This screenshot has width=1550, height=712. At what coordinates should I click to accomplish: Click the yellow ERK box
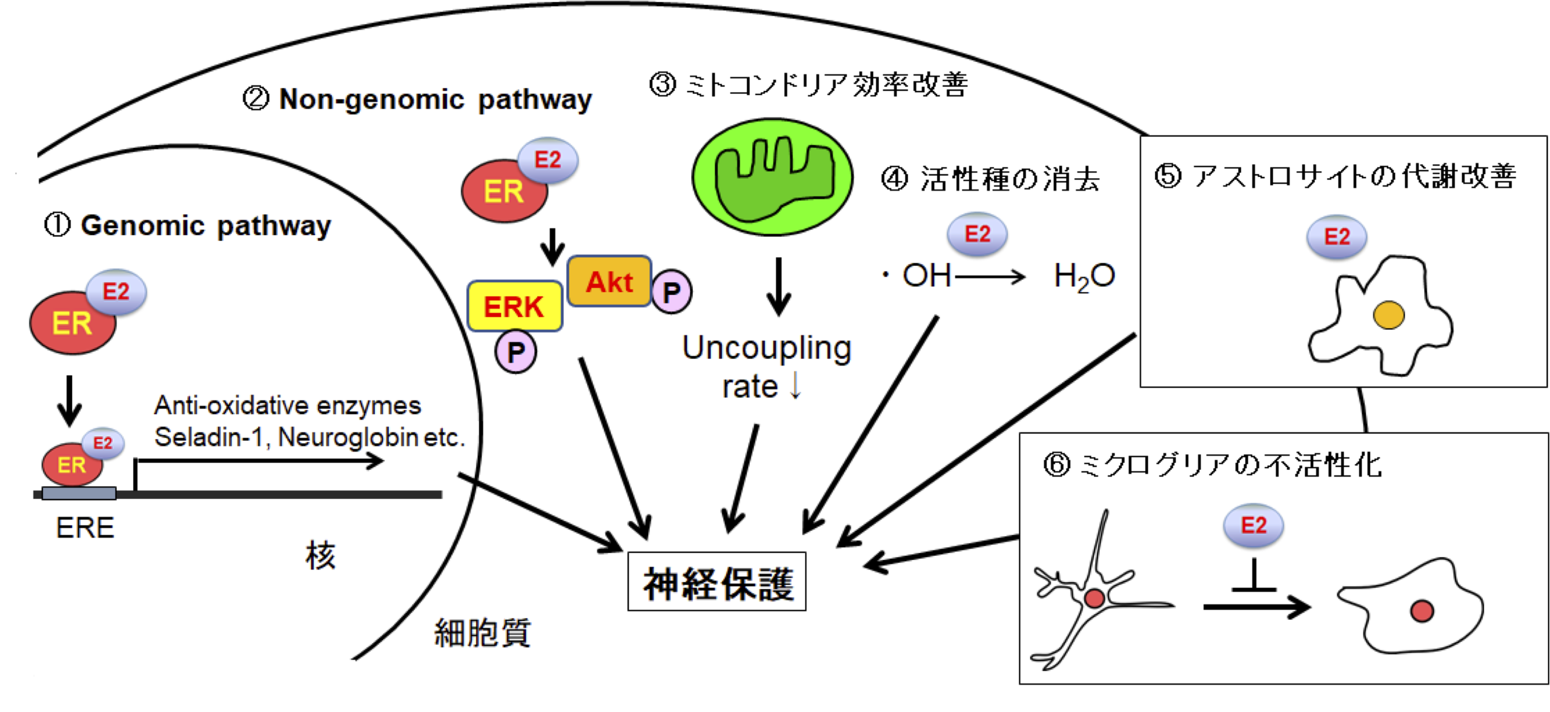click(514, 306)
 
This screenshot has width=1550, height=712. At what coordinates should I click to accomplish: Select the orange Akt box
click(609, 282)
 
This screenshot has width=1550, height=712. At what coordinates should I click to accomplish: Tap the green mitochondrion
click(772, 176)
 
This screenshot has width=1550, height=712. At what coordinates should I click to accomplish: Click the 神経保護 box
click(717, 582)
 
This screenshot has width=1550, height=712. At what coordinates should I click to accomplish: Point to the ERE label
click(85, 528)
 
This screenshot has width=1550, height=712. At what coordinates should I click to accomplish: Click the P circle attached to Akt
click(671, 292)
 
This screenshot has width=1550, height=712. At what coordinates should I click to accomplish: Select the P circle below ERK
click(515, 352)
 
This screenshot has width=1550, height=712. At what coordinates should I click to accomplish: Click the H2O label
click(1084, 277)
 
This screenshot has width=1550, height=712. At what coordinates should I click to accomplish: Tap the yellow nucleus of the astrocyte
click(1388, 315)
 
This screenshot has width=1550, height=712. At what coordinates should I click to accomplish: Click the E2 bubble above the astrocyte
click(1336, 237)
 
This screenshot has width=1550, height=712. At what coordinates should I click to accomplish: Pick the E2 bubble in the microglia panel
click(1253, 525)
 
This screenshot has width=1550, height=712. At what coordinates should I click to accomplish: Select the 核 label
click(320, 555)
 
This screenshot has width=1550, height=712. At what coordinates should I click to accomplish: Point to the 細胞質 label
click(482, 633)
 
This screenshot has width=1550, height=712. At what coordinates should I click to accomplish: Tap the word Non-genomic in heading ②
click(371, 99)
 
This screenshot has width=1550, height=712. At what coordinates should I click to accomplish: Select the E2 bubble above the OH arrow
click(976, 234)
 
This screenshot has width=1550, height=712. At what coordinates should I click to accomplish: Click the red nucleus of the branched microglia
click(1094, 599)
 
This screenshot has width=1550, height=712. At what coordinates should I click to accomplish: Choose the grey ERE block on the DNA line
click(79, 493)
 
